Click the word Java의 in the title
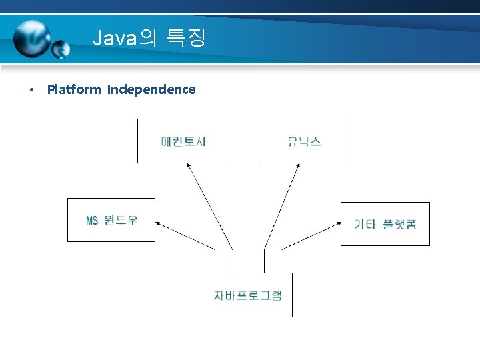pyautogui.click(x=124, y=37)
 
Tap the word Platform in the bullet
pyautogui.click(x=74, y=89)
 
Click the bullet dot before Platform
pyautogui.click(x=31, y=90)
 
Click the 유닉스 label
pyautogui.click(x=304, y=141)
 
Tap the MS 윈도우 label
pyautogui.click(x=112, y=220)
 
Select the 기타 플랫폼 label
pyautogui.click(x=385, y=224)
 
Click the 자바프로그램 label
pyautogui.click(x=248, y=295)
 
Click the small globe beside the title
pyautogui.click(x=61, y=49)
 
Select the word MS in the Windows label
pyautogui.click(x=92, y=220)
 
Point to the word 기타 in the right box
pyautogui.click(x=365, y=224)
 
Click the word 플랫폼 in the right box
pyautogui.click(x=399, y=224)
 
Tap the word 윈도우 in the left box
pyautogui.click(x=121, y=220)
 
